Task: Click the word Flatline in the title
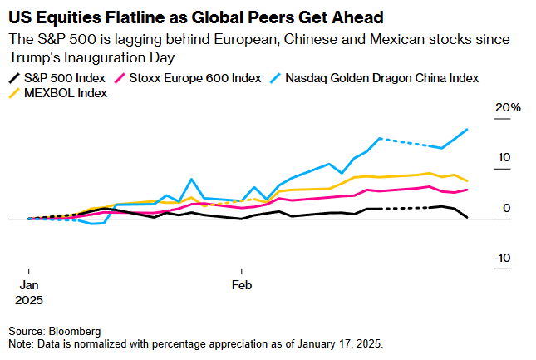[123, 16]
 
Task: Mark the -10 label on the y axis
[503, 258]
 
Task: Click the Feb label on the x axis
[242, 285]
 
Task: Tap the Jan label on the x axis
[28, 285]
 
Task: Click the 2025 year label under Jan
[28, 298]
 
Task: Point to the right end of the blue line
[468, 130]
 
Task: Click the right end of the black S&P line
[468, 218]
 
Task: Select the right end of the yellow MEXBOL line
[468, 180]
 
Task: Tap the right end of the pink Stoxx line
[468, 190]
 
